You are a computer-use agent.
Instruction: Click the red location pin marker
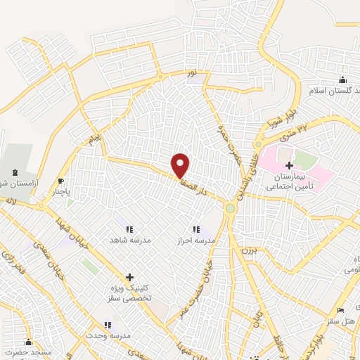pos(181,165)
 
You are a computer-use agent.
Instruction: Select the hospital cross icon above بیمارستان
pos(289,165)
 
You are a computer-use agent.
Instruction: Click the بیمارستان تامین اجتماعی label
pos(290,182)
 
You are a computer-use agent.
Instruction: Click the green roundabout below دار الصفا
pos(230,208)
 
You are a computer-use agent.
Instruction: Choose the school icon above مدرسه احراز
pos(196,229)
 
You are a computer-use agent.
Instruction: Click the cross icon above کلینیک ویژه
pos(129,278)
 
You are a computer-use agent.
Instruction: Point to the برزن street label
pos(251,250)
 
